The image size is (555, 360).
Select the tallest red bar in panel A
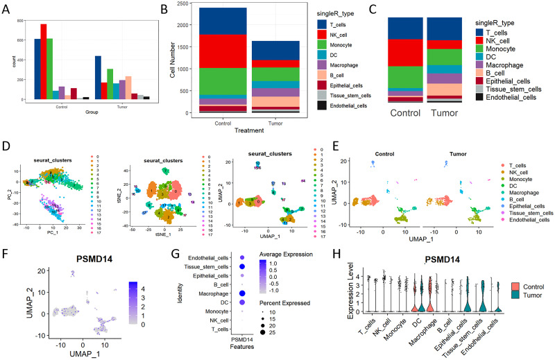[x=43, y=62]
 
